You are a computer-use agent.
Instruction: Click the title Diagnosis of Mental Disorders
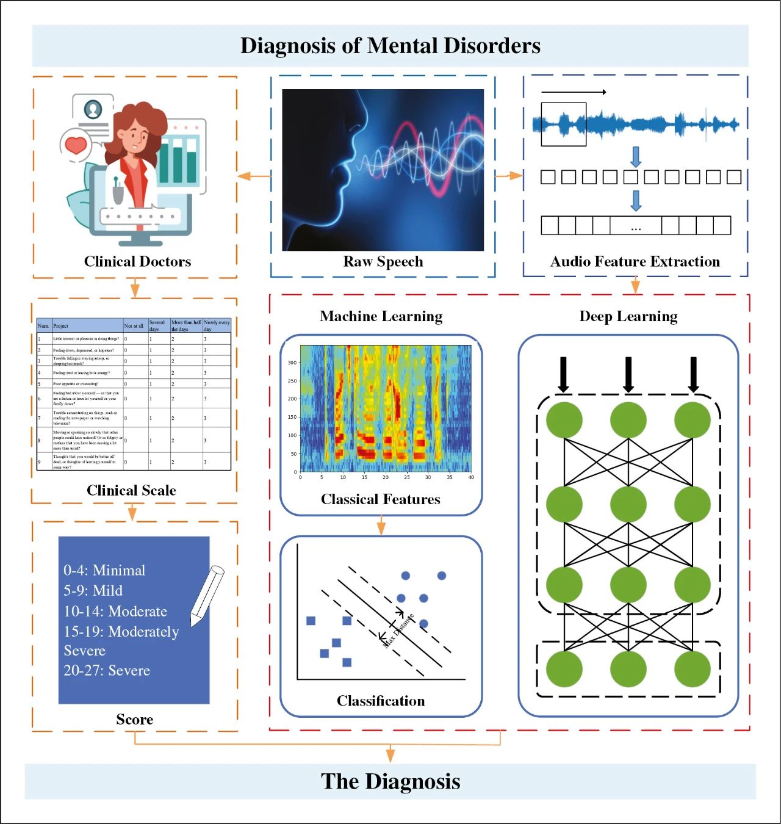(x=390, y=46)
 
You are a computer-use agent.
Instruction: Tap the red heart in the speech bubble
(x=76, y=145)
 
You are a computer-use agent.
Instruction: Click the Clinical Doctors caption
(x=137, y=262)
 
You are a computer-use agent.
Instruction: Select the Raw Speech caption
(x=383, y=262)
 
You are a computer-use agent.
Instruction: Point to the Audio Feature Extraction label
(x=635, y=262)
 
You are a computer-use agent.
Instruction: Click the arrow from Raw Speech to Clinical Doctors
(x=253, y=176)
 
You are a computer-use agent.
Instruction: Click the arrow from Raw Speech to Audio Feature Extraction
(x=509, y=176)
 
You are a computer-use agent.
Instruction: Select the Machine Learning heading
(x=381, y=316)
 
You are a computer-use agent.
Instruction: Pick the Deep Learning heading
(x=628, y=316)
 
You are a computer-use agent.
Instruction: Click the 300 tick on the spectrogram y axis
(x=292, y=363)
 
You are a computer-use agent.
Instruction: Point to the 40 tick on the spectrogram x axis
(x=471, y=477)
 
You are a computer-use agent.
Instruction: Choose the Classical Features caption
(x=381, y=499)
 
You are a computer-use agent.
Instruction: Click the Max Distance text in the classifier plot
(x=398, y=631)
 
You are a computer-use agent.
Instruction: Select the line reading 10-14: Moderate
(x=115, y=612)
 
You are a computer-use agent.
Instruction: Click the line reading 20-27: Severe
(x=107, y=671)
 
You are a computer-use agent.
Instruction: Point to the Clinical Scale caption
(x=131, y=491)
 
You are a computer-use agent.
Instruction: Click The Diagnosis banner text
(x=390, y=782)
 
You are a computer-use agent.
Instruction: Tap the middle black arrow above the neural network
(x=628, y=374)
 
